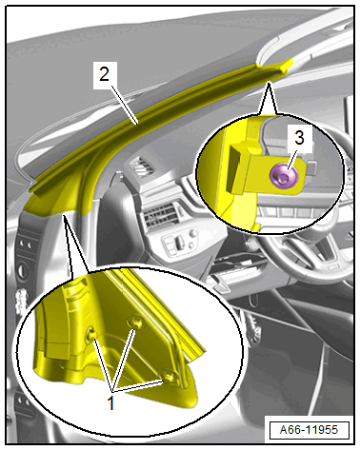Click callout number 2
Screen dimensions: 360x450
[104, 74]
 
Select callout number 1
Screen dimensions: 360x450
[110, 403]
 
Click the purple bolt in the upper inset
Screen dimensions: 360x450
[284, 176]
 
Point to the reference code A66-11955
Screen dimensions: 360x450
[309, 430]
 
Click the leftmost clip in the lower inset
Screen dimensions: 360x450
[91, 334]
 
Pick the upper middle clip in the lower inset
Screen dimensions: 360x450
[136, 322]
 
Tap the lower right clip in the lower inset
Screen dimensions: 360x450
[169, 377]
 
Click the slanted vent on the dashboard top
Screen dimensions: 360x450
[142, 166]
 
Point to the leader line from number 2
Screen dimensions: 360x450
[125, 102]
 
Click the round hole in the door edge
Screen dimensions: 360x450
[23, 270]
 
